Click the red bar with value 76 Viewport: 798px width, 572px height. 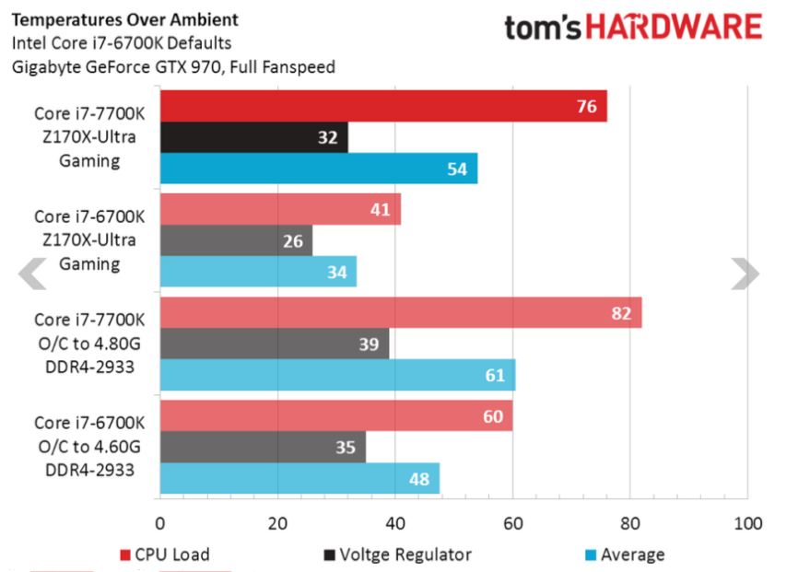click(x=383, y=106)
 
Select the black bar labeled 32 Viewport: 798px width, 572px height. click(x=254, y=138)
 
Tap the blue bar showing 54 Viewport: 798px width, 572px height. click(x=319, y=169)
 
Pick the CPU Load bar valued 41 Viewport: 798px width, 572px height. click(x=280, y=209)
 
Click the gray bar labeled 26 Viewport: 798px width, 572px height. click(x=237, y=241)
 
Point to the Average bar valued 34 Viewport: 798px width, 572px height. click(x=259, y=273)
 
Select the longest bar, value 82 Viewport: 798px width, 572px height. click(x=401, y=313)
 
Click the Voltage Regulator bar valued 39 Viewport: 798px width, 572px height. click(x=275, y=344)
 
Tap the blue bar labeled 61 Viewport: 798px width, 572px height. click(x=338, y=376)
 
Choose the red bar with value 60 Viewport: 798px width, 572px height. click(x=336, y=416)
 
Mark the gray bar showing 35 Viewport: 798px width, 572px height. click(x=263, y=448)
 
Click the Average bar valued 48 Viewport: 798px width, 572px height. click(x=300, y=479)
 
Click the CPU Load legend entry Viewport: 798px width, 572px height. click(x=166, y=554)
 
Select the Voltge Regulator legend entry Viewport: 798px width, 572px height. click(x=400, y=554)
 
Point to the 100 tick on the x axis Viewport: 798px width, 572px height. click(x=747, y=524)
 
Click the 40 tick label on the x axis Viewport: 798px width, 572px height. click(x=395, y=524)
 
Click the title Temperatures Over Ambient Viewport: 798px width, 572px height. click(x=124, y=18)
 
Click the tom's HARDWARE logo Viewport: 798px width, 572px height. click(x=633, y=28)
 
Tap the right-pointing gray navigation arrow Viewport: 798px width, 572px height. click(x=745, y=274)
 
